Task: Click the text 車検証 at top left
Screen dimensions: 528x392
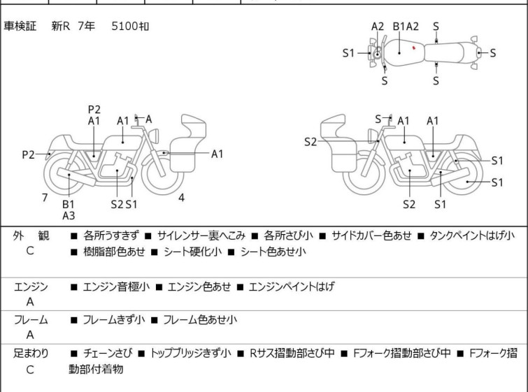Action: [20, 26]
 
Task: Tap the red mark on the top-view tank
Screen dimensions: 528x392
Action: [414, 48]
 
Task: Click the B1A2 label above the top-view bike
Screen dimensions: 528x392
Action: [406, 27]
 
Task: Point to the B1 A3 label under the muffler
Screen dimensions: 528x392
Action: [69, 210]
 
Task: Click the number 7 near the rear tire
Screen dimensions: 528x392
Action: [45, 198]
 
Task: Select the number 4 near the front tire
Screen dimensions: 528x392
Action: [181, 198]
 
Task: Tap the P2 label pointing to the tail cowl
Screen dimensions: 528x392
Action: [28, 154]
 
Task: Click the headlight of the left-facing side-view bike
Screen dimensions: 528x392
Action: [373, 136]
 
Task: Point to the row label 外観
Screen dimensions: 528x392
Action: [31, 235]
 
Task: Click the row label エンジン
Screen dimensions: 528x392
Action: [31, 286]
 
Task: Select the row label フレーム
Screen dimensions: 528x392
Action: [31, 319]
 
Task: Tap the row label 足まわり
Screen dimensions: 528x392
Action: [31, 354]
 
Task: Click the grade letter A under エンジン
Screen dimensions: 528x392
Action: [30, 302]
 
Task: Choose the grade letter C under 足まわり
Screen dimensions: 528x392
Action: [30, 370]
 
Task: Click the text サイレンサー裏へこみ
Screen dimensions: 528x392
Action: [201, 235]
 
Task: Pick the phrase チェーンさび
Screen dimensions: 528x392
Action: [108, 353]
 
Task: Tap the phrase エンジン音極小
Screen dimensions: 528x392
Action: [116, 286]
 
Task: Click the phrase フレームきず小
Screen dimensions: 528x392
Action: [114, 319]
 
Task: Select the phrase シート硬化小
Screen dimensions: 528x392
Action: [192, 252]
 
